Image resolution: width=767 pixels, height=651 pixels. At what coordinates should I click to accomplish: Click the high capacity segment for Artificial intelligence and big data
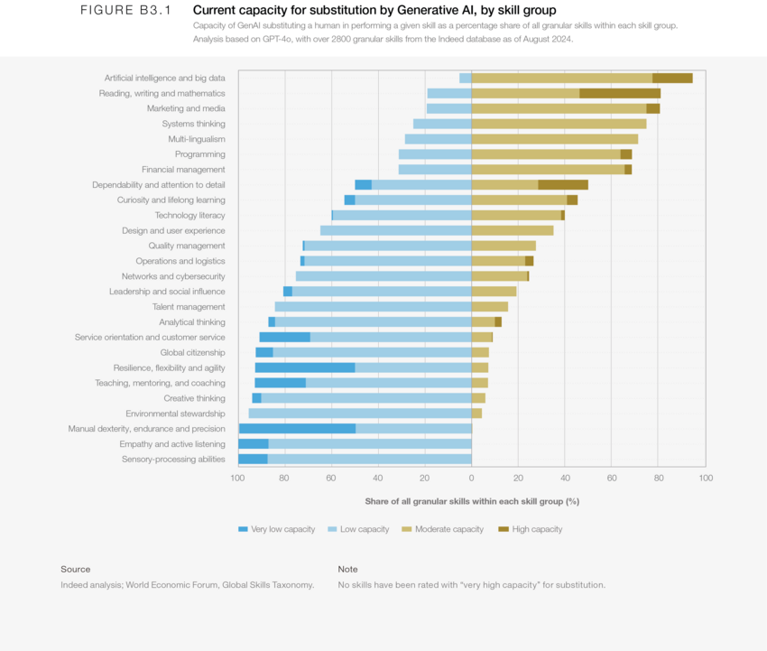[x=672, y=79]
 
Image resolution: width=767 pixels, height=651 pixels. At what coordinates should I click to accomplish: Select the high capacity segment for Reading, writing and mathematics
[x=620, y=93]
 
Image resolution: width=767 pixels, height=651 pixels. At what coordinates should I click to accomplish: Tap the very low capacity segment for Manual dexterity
[x=297, y=429]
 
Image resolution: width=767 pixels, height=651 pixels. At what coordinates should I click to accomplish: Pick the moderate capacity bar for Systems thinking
[x=559, y=124]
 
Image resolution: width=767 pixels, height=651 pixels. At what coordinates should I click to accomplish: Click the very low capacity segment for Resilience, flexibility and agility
[x=305, y=368]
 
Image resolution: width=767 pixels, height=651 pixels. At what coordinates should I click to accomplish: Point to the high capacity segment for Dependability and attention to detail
[x=563, y=185]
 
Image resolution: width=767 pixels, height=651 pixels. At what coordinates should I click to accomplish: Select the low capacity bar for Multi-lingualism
[x=438, y=139]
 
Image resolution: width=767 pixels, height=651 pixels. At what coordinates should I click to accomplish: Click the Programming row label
[x=199, y=154]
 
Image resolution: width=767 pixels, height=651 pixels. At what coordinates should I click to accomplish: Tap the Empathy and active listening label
[x=172, y=444]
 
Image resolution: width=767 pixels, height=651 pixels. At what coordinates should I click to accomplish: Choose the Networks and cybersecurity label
[x=173, y=276]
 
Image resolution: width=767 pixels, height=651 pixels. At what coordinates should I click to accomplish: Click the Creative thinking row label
[x=194, y=398]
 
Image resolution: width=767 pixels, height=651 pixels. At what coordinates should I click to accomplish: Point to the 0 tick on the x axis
[x=471, y=477]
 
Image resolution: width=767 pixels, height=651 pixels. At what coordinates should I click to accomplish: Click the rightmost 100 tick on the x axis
[x=705, y=477]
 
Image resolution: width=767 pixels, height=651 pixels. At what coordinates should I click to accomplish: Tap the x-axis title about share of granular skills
[x=472, y=501]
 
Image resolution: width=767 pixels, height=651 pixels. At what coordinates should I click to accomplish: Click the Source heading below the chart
[x=76, y=569]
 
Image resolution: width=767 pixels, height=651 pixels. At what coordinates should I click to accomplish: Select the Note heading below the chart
[x=347, y=569]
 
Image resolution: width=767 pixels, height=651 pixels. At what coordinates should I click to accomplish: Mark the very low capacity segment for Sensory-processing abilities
[x=253, y=460]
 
